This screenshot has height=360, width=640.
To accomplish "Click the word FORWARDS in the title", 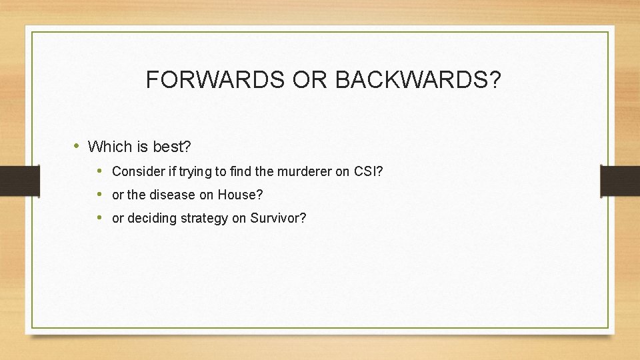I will (216, 80).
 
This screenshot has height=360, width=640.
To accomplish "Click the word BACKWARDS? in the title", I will (417, 80).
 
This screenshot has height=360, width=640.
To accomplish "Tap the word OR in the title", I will (310, 80).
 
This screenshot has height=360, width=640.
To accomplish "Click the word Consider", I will (137, 171).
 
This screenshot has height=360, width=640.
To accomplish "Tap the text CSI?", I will (369, 171).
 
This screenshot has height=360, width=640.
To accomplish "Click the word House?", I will (241, 195).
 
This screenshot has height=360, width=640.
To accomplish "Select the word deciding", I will (149, 219).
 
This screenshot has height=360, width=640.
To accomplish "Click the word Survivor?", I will (278, 219).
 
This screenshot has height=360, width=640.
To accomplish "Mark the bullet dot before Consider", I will (99, 171).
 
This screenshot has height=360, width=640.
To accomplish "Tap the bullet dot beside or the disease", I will (99, 195).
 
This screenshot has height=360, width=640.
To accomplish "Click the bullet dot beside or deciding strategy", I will (99, 218).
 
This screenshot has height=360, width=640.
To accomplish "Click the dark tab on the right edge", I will (621, 181).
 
